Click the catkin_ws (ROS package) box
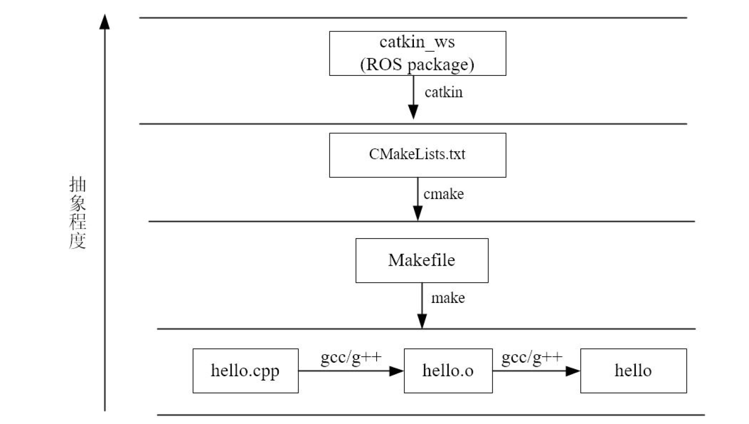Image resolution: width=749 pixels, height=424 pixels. [417, 53]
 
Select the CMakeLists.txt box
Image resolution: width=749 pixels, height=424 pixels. [417, 155]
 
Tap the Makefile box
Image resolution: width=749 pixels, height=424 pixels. [421, 260]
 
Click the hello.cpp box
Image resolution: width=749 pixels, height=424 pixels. [245, 371]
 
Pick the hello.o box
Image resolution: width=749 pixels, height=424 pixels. [448, 371]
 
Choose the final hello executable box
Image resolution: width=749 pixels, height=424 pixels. [633, 371]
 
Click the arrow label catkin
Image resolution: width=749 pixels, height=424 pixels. [443, 92]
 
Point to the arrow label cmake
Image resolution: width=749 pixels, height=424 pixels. [443, 194]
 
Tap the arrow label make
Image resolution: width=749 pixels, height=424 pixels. [448, 298]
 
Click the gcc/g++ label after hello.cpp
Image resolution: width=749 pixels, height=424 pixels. [351, 357]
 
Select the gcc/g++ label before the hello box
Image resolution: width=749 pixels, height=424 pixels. [531, 357]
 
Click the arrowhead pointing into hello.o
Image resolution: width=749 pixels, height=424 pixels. [396, 371]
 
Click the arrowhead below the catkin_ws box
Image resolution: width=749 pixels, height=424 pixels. [413, 112]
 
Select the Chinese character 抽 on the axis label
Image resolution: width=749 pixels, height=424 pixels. [77, 184]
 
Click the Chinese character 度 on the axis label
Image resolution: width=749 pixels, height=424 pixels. [77, 241]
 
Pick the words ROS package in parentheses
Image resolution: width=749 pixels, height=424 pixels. [417, 64]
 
